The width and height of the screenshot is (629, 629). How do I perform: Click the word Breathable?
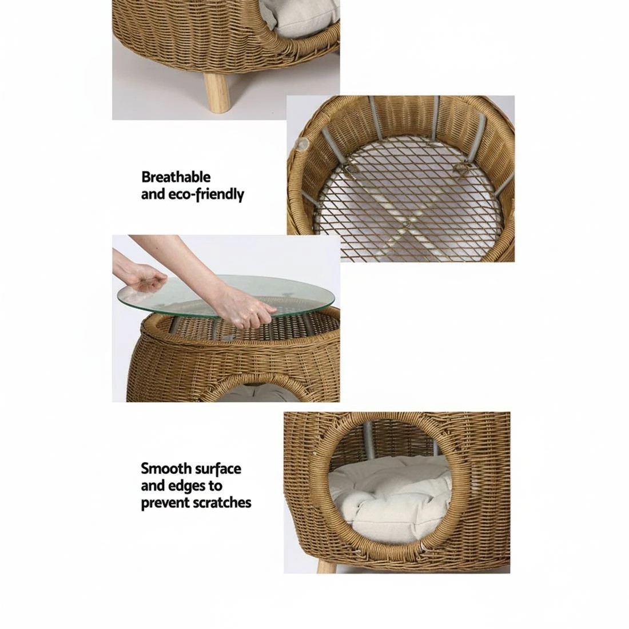click(176, 177)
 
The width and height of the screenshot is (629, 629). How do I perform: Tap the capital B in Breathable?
click(146, 177)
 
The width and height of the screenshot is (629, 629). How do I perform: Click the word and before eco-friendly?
click(153, 195)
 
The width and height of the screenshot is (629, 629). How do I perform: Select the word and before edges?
click(153, 486)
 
